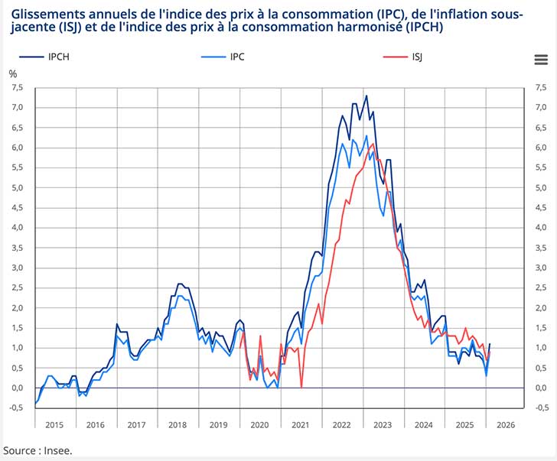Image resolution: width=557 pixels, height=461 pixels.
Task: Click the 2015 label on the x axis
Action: coord(54,424)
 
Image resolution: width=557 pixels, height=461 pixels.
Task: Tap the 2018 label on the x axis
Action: coord(177,424)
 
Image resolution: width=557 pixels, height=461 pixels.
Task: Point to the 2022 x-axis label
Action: coord(342,424)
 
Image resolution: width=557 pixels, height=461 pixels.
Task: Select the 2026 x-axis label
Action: coord(506,424)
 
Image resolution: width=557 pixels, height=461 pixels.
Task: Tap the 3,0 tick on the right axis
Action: coord(541,268)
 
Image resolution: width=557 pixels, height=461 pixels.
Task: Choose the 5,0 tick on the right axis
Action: coord(541,187)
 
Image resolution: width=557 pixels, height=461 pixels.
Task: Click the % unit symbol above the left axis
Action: coord(12,74)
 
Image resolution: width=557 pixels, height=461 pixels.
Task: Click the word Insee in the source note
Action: coord(58,450)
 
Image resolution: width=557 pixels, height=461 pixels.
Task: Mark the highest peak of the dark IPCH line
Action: coord(366,96)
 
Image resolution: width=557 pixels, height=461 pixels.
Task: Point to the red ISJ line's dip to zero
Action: coord(301,388)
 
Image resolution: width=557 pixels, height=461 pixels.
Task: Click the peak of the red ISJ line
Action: coord(373,144)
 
